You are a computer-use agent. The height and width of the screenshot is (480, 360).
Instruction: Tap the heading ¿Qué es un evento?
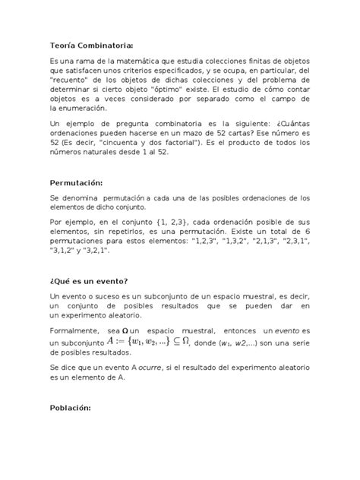[95, 278]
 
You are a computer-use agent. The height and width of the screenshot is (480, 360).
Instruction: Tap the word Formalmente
[76, 331]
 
